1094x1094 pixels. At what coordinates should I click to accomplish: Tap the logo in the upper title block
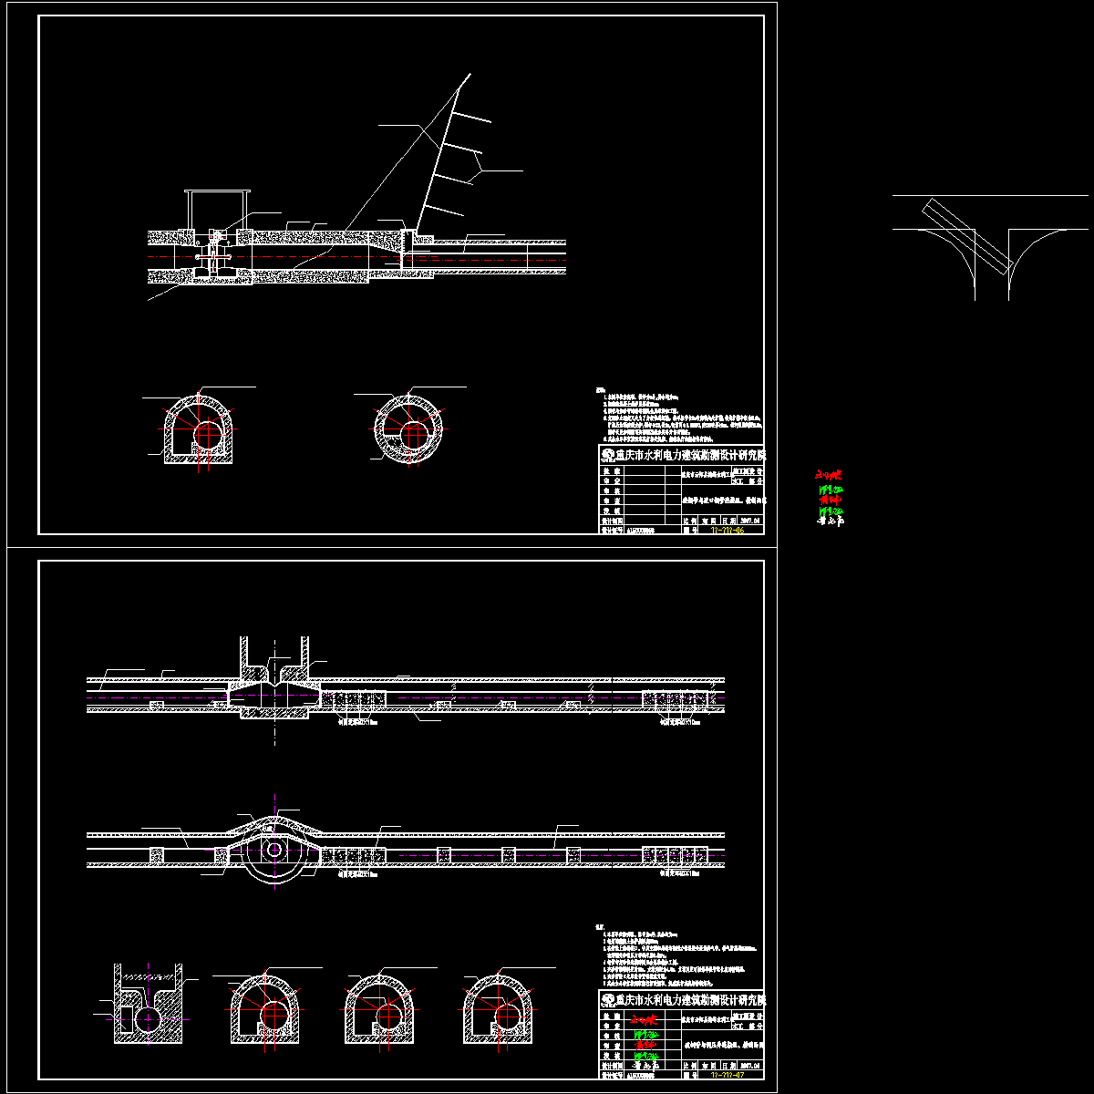pyautogui.click(x=606, y=454)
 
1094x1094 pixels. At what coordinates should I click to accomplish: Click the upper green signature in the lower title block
pyautogui.click(x=643, y=1035)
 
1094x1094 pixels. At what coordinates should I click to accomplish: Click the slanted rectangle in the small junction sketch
pyautogui.click(x=965, y=237)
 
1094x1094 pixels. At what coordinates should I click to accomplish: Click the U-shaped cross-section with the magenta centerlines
pyautogui.click(x=147, y=1003)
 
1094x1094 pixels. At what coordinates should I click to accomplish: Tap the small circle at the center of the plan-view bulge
pyautogui.click(x=274, y=850)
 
